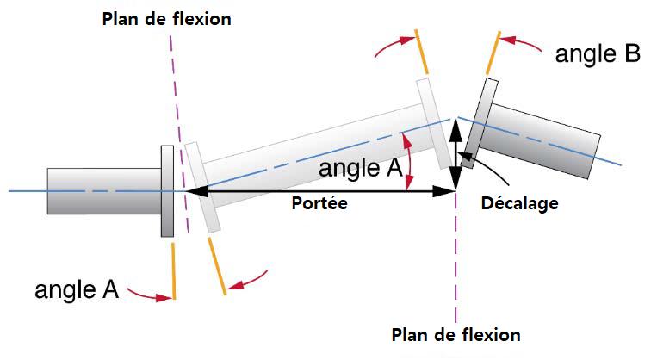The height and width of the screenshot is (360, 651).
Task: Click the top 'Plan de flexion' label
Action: pos(166,18)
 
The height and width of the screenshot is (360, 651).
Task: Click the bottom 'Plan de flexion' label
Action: pos(456,334)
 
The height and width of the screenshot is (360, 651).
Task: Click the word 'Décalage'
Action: pos(520,204)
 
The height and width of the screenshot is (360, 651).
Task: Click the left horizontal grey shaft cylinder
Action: pos(103,190)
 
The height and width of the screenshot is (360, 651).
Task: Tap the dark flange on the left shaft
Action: pos(168,190)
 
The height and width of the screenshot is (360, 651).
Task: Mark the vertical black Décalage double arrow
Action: pos(456,155)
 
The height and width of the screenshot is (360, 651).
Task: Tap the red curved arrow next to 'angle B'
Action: pos(521,40)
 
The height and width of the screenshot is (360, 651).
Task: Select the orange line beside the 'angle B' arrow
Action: pos(493,52)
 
